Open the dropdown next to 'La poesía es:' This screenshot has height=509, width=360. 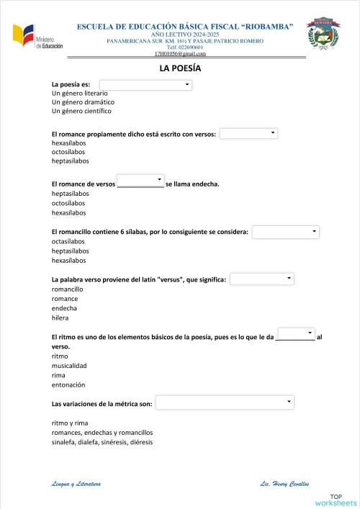click(x=145, y=85)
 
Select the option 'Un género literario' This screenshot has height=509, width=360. click(x=80, y=94)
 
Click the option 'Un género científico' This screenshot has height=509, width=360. click(x=81, y=111)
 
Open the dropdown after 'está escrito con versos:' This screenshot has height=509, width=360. click(x=248, y=133)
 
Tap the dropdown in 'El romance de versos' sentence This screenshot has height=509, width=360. click(x=140, y=179)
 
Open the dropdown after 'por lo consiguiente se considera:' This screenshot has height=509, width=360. click(x=285, y=231)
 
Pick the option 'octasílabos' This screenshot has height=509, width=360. click(x=68, y=241)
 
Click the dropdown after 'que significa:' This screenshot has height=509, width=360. click(x=262, y=279)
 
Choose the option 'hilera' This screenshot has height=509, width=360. click(x=60, y=317)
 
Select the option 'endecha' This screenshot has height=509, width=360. click(x=65, y=308)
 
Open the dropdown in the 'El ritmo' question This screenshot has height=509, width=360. click(x=296, y=333)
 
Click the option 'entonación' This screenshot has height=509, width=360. click(x=70, y=384)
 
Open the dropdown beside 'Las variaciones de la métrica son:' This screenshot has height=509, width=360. click(x=225, y=402)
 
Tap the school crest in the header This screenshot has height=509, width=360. click(x=323, y=35)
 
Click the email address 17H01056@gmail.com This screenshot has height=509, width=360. click(x=180, y=54)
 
